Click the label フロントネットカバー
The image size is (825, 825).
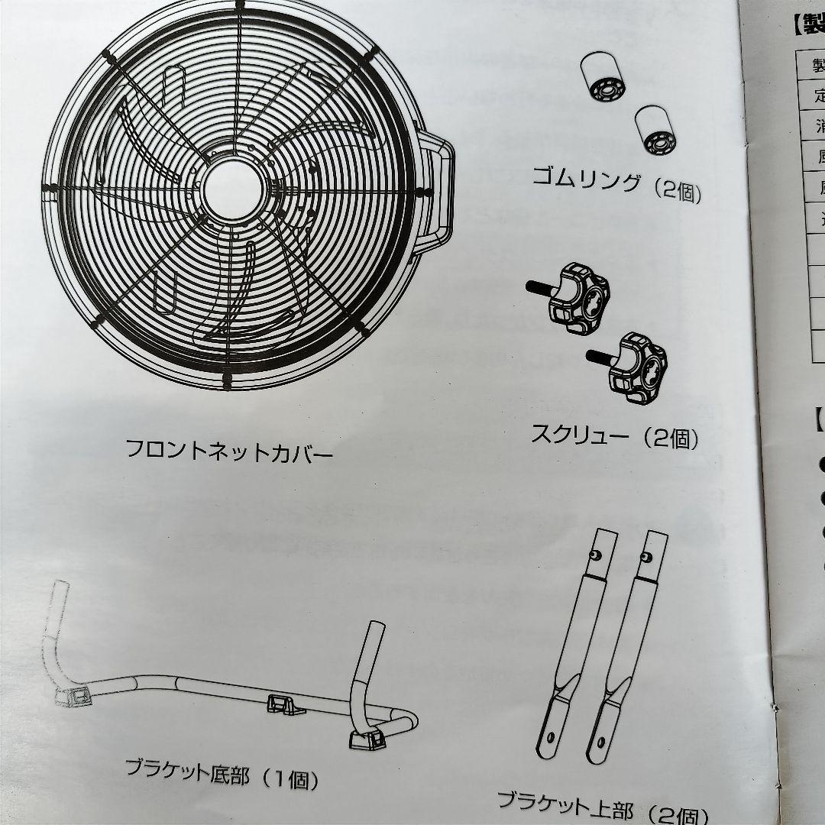tap(229, 450)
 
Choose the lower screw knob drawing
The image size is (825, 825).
tap(639, 365)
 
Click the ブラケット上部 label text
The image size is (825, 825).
tap(566, 804)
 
